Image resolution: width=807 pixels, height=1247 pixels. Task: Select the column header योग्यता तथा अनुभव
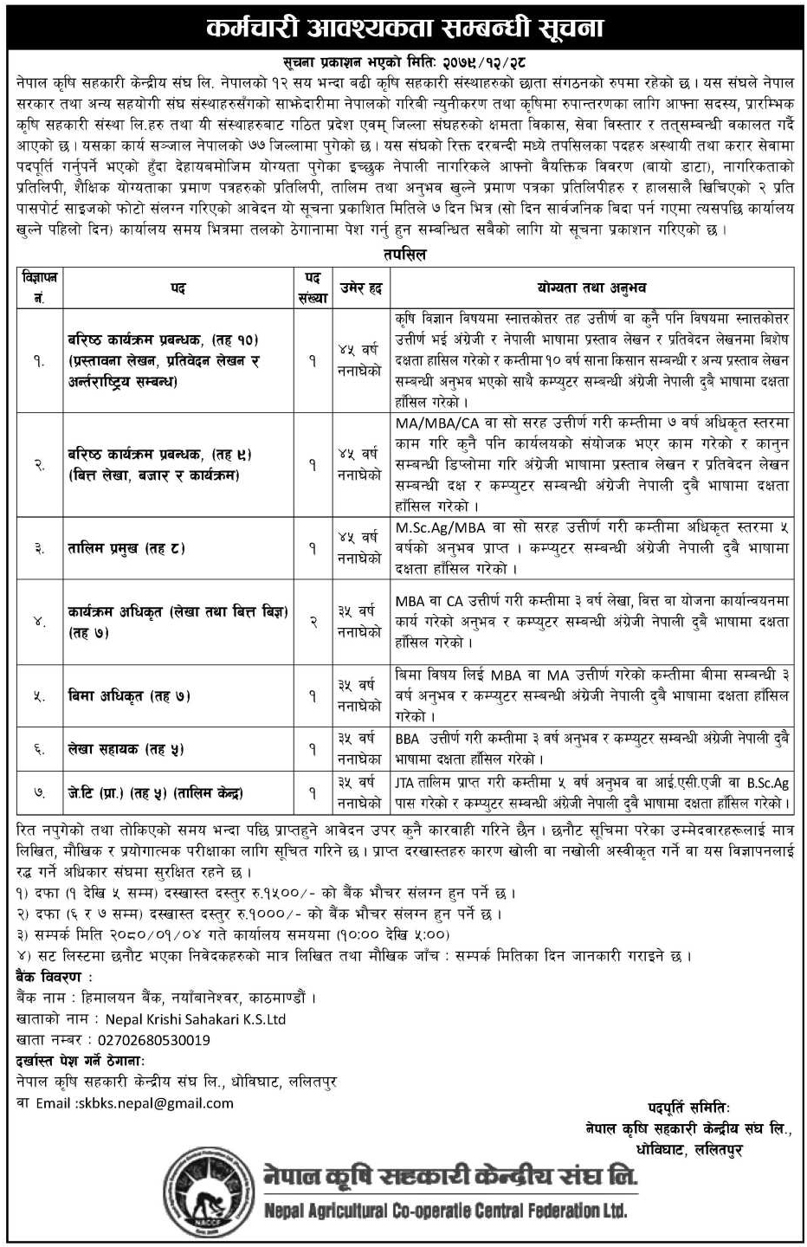590,288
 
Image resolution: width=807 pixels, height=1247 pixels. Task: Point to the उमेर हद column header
360,288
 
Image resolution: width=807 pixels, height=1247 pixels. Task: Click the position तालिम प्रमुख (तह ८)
126,547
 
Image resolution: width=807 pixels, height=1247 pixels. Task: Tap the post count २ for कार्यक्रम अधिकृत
313,621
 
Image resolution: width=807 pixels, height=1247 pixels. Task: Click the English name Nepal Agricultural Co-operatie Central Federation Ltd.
445,1211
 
